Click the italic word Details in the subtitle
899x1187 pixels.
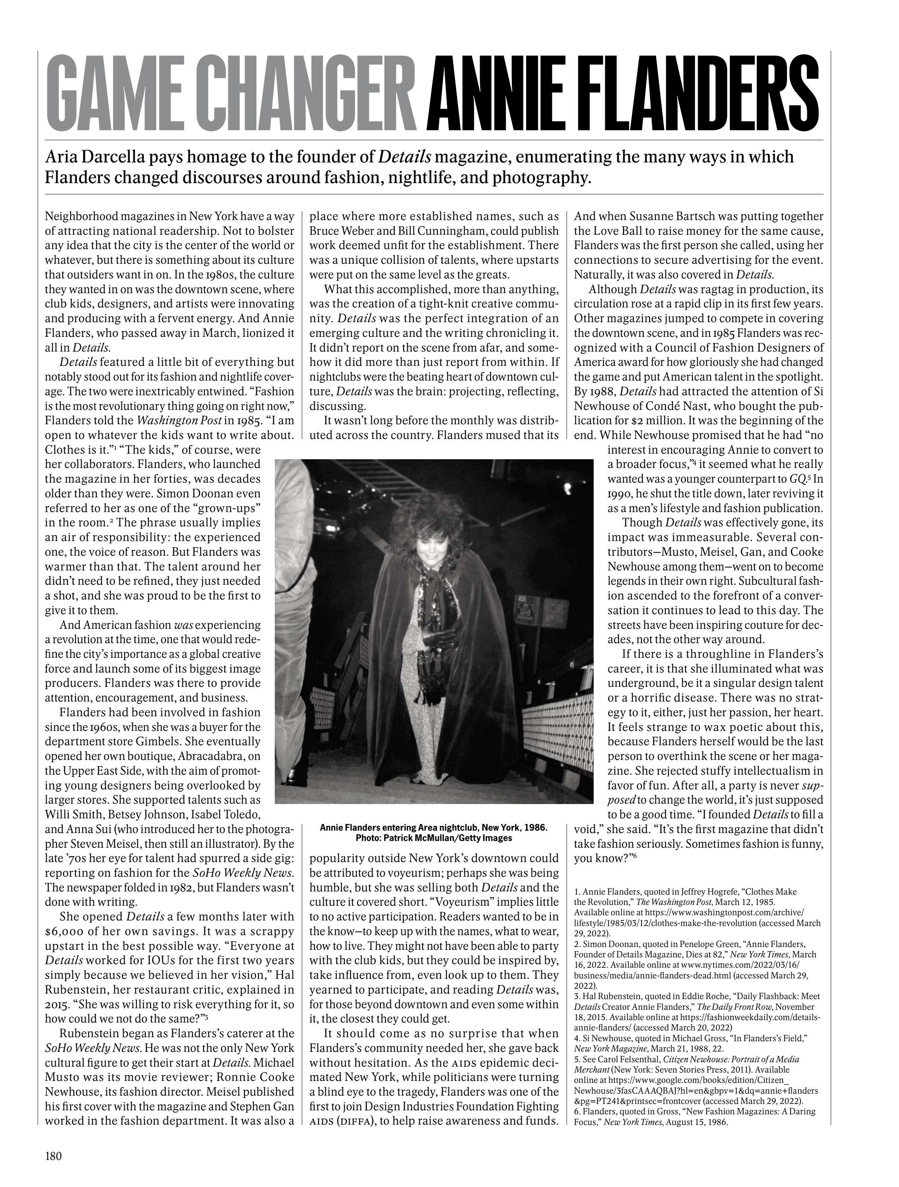click(405, 157)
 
